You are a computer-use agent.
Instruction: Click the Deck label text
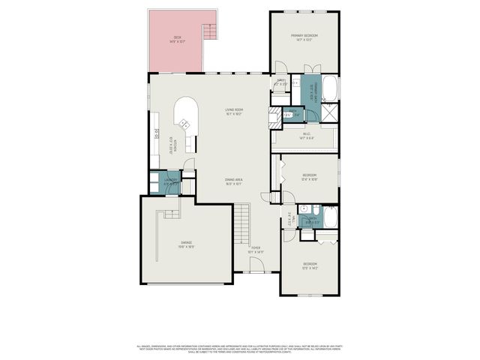pos(178,39)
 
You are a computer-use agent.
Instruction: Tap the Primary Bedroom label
pos(304,37)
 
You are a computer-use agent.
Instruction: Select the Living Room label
pos(234,112)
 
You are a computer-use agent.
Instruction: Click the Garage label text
pos(186,244)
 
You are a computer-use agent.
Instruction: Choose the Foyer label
pos(256,249)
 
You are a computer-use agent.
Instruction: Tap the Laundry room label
pos(170,181)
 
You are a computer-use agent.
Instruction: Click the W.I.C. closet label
pos(306,136)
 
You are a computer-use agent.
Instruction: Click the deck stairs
pos(210,32)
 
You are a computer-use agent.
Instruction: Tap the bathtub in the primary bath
pos(331,88)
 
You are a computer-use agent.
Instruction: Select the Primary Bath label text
pos(314,91)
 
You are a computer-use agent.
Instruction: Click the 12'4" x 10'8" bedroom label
pos(309,178)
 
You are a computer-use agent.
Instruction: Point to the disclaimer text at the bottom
pos(240,348)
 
